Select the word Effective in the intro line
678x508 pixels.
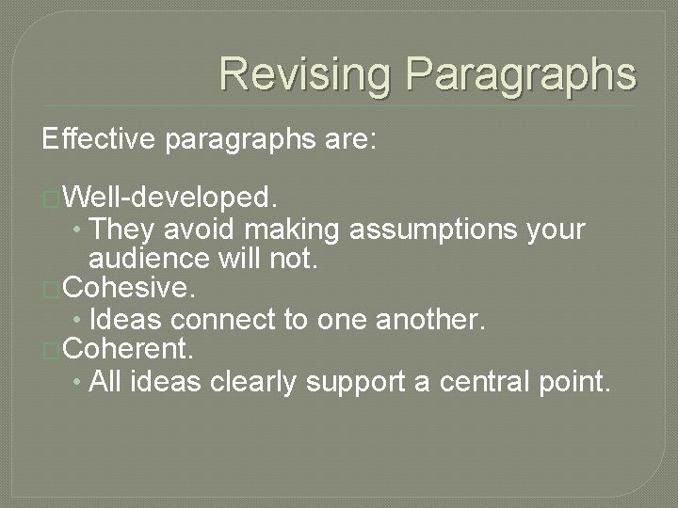click(x=101, y=140)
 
